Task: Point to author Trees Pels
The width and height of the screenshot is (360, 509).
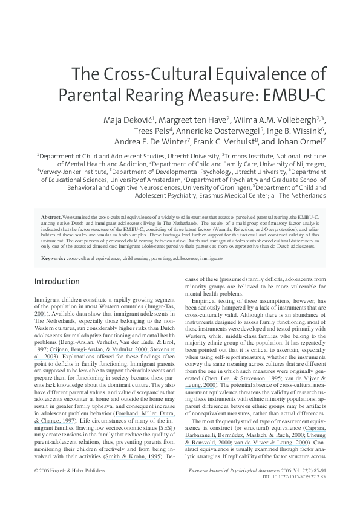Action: coord(152,130)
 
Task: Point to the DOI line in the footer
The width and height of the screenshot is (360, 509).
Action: coord(294,493)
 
